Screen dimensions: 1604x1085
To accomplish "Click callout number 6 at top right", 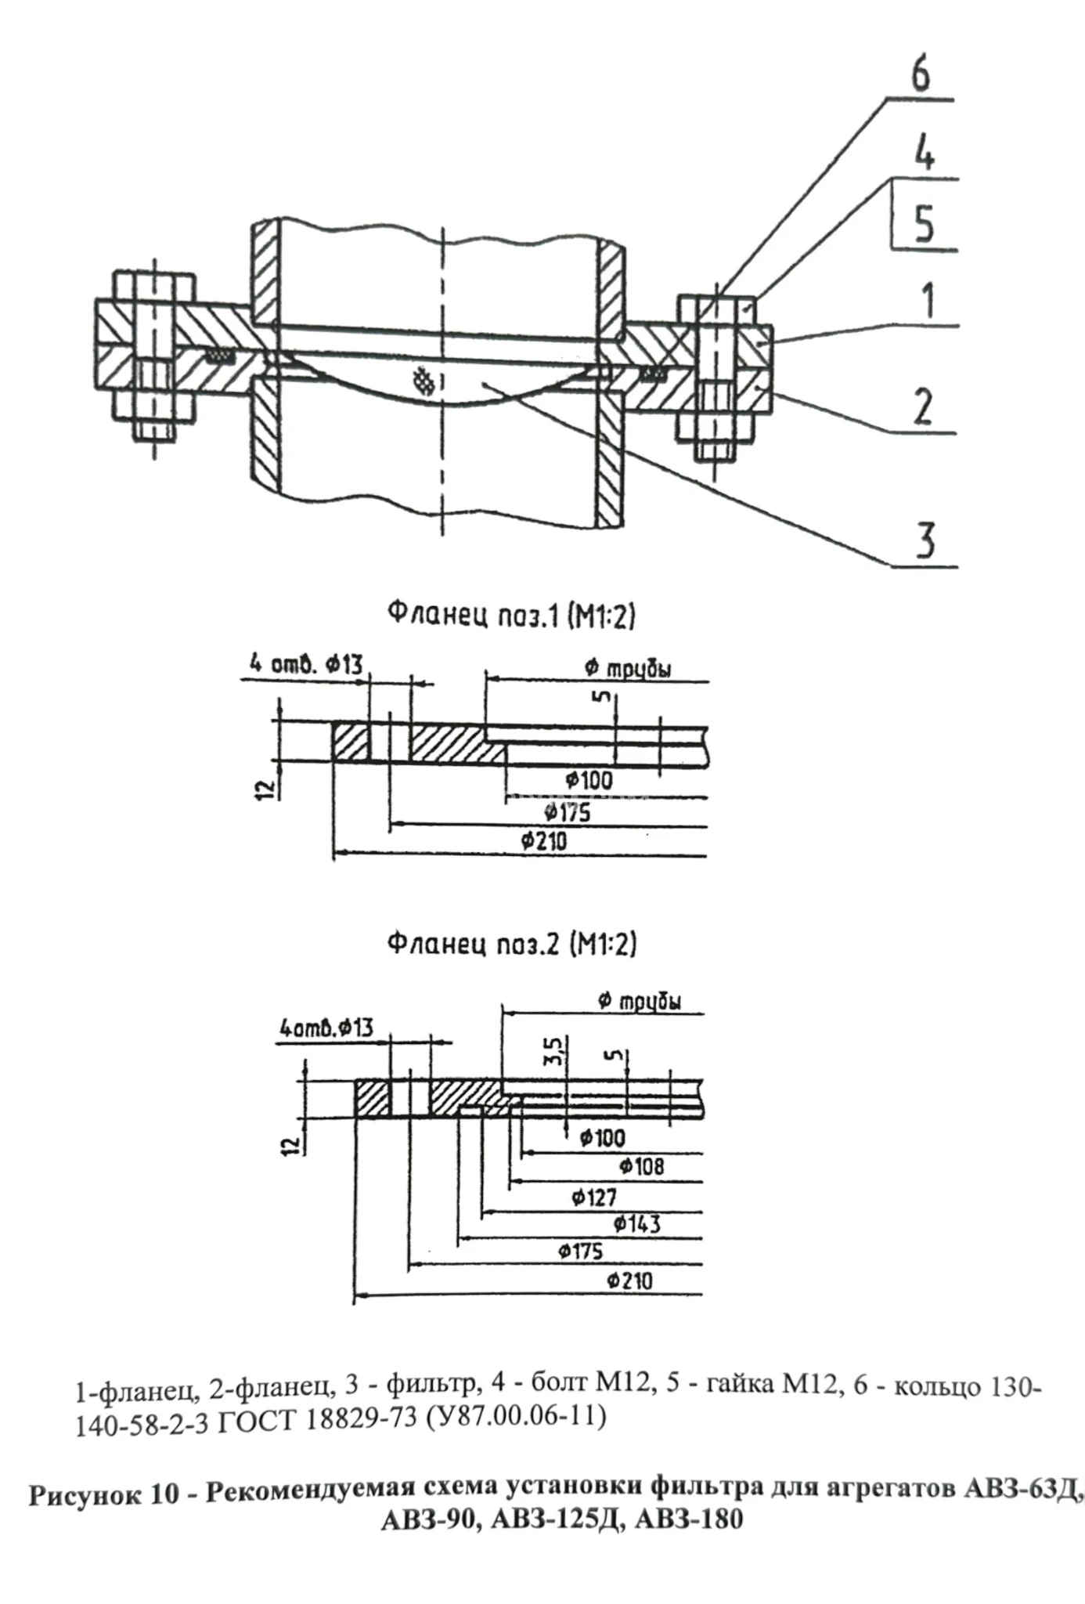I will pos(921,76).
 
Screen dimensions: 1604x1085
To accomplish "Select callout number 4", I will pos(925,154).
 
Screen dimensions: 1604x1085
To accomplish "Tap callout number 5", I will pos(925,223).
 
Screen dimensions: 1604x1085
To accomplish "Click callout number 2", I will pos(925,406).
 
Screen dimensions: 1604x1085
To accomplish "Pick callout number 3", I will pos(925,540).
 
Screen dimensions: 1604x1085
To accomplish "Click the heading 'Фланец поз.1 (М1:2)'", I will pos(512,615).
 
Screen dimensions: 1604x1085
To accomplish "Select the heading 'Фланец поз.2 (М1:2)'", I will pos(512,943).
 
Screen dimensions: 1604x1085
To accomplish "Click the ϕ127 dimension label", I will pos(593,1197).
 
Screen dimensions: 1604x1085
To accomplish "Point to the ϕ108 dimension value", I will pos(641,1166).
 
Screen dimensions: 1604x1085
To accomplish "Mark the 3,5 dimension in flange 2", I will pos(554,1050).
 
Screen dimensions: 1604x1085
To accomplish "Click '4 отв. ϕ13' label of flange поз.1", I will pos(306,665).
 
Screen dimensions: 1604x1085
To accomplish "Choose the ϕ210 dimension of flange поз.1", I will pos(543,842).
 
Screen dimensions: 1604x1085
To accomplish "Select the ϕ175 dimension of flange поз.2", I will pos(580,1251).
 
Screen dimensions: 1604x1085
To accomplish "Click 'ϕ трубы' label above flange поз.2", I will pos(639,1001).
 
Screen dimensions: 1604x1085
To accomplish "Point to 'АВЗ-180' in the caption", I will pos(689,1519).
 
